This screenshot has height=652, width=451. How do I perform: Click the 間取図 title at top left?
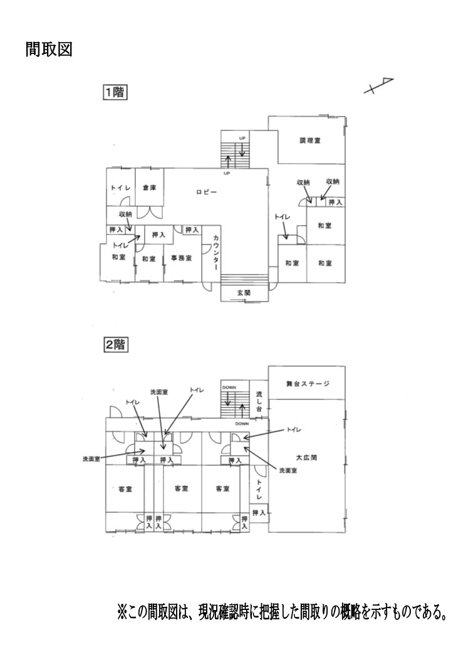pyautogui.click(x=49, y=49)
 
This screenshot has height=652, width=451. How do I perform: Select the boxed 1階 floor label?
pyautogui.click(x=115, y=92)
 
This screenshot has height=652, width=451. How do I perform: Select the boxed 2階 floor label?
pyautogui.click(x=115, y=345)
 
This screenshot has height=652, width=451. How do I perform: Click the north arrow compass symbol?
pyautogui.click(x=378, y=86)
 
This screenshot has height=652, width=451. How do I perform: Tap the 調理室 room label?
pyautogui.click(x=310, y=140)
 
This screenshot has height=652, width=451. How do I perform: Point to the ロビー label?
pyautogui.click(x=207, y=192)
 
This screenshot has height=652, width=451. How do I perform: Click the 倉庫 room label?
pyautogui.click(x=150, y=188)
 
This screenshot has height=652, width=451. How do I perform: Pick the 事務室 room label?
pyautogui.click(x=182, y=258)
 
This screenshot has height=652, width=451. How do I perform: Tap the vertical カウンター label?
pyautogui.click(x=216, y=253)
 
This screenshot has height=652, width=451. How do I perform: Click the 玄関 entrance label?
pyautogui.click(x=244, y=293)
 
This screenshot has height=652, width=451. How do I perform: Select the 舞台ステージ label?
pyautogui.click(x=308, y=384)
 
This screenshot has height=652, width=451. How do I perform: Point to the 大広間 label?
pyautogui.click(x=306, y=458)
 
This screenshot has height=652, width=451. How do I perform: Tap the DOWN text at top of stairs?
pyautogui.click(x=229, y=387)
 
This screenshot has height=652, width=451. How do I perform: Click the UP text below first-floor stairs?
pyautogui.click(x=227, y=173)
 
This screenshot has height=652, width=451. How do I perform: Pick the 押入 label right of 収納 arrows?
pyautogui.click(x=335, y=202)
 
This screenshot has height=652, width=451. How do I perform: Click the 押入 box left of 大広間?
pyautogui.click(x=259, y=513)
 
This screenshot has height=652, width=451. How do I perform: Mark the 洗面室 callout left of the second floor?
pyautogui.click(x=91, y=459)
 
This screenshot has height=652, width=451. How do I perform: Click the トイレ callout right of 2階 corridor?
pyautogui.click(x=294, y=429)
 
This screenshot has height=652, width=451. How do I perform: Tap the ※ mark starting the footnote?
pyautogui.click(x=123, y=611)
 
